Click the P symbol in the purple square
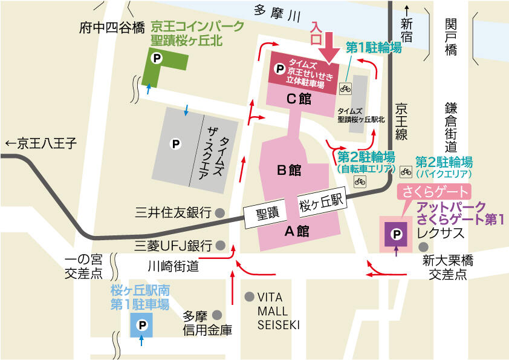[x=396, y=234]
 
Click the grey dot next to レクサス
[x=424, y=246]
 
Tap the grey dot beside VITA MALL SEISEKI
[x=248, y=296]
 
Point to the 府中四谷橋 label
[x=112, y=28]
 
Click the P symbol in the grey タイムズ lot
[x=175, y=144]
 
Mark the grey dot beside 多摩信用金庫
[x=217, y=315]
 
